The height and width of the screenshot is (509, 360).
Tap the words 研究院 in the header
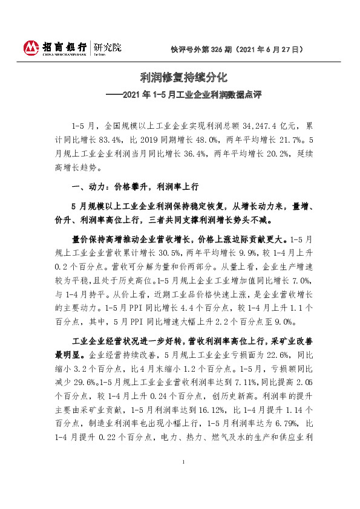106,46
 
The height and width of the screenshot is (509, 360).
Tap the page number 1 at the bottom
182,479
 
